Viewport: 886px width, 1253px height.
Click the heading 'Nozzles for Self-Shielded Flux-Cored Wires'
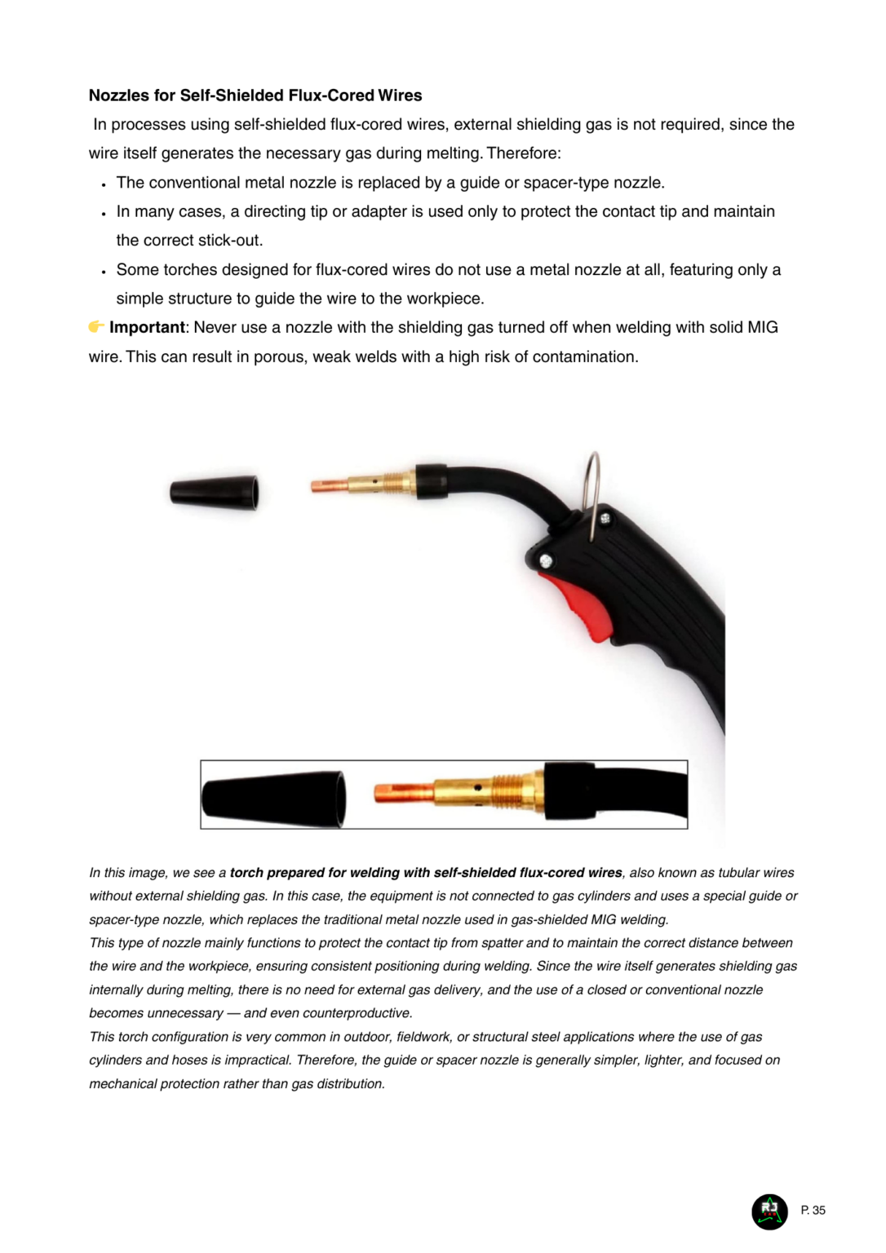click(255, 95)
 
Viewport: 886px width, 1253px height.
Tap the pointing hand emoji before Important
click(96, 327)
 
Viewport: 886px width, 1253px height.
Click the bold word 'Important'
click(147, 327)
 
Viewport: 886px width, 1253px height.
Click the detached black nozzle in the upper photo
click(215, 493)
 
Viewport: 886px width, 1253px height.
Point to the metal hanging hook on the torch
click(595, 493)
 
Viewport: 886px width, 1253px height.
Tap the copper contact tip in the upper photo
click(329, 487)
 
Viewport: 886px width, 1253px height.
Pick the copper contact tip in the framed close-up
click(403, 792)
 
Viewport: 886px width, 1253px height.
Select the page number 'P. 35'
click(813, 1211)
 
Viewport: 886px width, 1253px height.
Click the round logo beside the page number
click(769, 1211)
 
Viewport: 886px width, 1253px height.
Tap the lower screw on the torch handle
click(546, 561)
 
